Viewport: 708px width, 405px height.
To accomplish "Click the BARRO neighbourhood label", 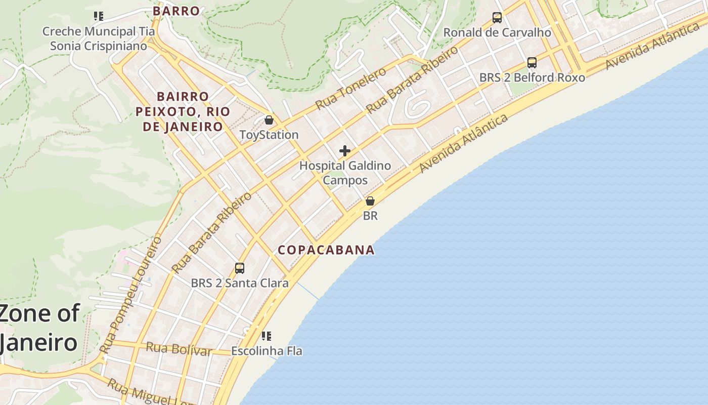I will [176, 11].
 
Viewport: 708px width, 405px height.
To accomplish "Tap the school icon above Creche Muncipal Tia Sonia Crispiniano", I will [99, 16].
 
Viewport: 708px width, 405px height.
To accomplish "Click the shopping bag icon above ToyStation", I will [269, 120].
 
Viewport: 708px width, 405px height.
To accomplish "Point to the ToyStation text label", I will [269, 135].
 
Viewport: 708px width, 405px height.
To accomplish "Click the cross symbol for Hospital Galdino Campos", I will [345, 151].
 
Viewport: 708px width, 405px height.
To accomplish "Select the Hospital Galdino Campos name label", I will [345, 173].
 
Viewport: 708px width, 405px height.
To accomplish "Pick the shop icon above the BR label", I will [370, 201].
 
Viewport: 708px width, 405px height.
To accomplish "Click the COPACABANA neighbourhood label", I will [326, 250].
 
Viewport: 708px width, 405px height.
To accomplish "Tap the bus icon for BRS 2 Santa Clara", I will [240, 268].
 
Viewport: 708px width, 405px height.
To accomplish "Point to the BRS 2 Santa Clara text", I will [240, 283].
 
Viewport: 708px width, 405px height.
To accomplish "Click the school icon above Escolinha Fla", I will [267, 336].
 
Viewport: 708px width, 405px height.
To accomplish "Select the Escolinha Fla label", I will [267, 350].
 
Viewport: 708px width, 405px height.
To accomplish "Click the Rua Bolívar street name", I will [179, 349].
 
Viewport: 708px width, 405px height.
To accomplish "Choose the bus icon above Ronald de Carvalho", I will [497, 18].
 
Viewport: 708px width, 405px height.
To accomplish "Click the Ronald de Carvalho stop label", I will [497, 32].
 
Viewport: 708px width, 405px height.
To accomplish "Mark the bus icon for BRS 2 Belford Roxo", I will [532, 63].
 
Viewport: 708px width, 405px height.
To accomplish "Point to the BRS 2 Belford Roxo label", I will [532, 77].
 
